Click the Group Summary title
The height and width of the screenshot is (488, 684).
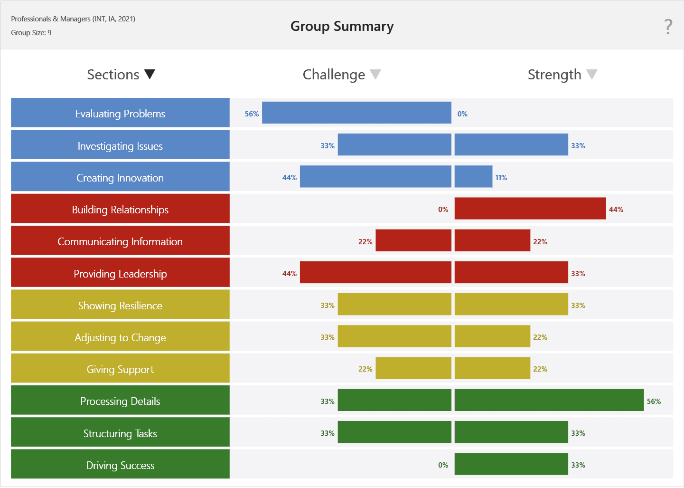(x=342, y=27)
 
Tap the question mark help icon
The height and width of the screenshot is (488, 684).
(x=668, y=27)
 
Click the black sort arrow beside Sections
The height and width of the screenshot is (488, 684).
(x=150, y=75)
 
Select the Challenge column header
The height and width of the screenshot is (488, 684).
(x=334, y=75)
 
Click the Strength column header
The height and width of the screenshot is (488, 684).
(x=554, y=75)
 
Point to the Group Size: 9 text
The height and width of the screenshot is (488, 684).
(x=31, y=33)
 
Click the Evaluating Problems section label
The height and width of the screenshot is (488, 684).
(x=120, y=113)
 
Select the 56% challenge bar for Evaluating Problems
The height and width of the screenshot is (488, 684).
(x=356, y=113)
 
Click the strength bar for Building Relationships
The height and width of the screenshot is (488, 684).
(x=530, y=209)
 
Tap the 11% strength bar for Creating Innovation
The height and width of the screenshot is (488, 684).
(x=473, y=177)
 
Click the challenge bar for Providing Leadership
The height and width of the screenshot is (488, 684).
(x=375, y=273)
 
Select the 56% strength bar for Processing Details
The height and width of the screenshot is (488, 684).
(x=549, y=400)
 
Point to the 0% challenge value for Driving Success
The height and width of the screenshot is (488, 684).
(x=443, y=465)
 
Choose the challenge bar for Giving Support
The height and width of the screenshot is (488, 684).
(x=413, y=368)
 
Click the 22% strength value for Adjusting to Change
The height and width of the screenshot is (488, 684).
(x=540, y=337)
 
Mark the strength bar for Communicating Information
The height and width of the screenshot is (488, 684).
(x=492, y=240)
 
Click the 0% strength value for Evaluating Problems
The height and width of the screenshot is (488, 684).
(x=462, y=114)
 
